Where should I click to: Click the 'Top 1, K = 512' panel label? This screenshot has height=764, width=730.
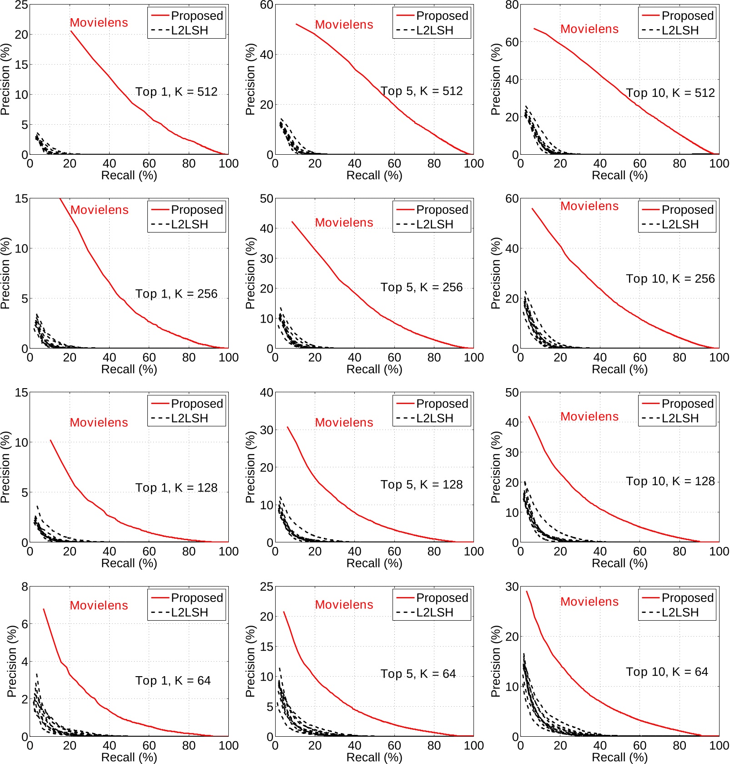[176, 92]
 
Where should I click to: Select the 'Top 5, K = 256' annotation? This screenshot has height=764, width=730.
[422, 287]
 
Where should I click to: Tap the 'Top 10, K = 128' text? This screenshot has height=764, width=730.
[670, 481]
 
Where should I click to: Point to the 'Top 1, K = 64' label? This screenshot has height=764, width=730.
[173, 680]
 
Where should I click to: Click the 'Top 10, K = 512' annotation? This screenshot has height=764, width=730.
[670, 93]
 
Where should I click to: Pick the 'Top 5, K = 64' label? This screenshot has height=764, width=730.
[418, 673]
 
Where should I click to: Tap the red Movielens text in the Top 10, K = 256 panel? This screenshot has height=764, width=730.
[589, 206]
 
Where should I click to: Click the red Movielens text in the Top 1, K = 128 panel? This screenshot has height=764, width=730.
[99, 422]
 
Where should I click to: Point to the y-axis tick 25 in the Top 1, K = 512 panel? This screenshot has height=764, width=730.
[21, 5]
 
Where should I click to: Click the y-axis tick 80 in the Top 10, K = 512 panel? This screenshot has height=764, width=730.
[512, 5]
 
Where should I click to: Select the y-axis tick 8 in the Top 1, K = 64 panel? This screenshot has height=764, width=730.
[25, 587]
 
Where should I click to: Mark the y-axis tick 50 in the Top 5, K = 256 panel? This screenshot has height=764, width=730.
[267, 199]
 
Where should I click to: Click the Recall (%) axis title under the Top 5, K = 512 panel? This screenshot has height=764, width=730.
[374, 176]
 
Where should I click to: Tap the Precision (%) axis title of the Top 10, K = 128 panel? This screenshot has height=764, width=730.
[495, 467]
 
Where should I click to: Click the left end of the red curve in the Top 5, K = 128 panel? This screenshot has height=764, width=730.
[287, 427]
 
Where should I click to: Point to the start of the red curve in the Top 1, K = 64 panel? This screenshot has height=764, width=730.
[44, 609]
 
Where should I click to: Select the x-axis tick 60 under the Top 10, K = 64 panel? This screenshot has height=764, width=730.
[639, 745]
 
